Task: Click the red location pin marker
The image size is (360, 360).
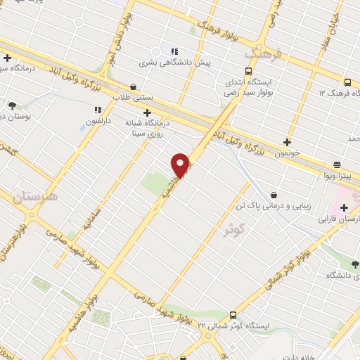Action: [181, 166]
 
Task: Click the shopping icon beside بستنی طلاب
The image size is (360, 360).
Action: [133, 86]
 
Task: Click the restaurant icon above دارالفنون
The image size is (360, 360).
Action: [98, 110]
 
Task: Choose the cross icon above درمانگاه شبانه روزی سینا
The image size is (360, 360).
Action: [147, 112]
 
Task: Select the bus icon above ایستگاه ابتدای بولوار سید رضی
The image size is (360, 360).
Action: [247, 71]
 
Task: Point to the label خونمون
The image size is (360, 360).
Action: [288, 153]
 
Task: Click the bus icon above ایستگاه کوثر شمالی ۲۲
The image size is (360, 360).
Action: [233, 315]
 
